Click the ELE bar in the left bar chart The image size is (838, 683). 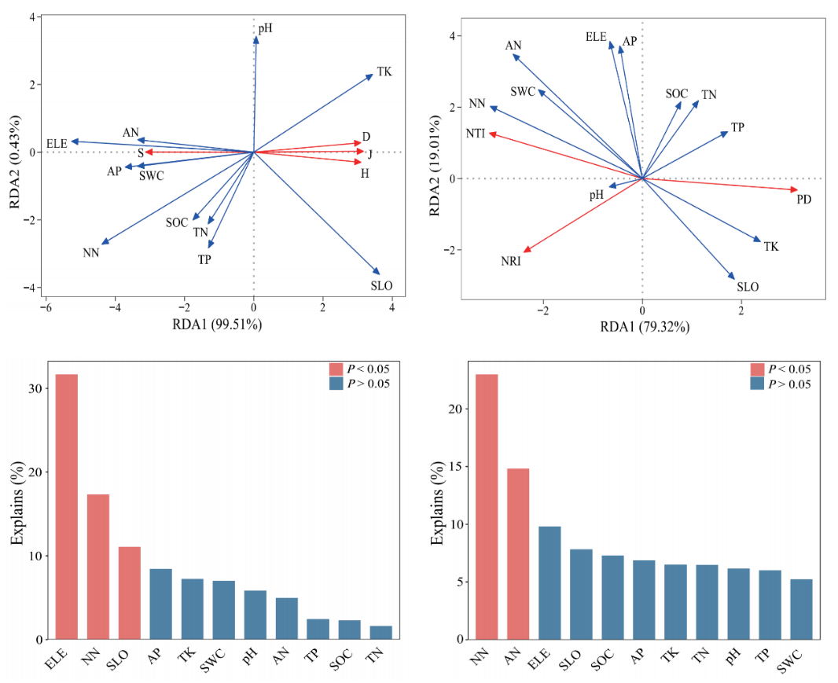coord(67,507)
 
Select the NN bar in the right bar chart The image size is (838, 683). coord(487,507)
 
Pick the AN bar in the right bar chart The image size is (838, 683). coord(518,554)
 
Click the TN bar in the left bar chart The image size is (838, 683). coord(380,633)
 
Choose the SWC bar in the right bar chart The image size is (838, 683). coord(801,609)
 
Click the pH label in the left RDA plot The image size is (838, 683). coord(266,28)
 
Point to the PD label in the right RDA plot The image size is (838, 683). coord(803,200)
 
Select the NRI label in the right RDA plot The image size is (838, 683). coord(510,261)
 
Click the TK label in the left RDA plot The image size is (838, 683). coord(384,72)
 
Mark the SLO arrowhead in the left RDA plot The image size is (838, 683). coord(378,272)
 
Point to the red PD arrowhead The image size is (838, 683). coord(796,190)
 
